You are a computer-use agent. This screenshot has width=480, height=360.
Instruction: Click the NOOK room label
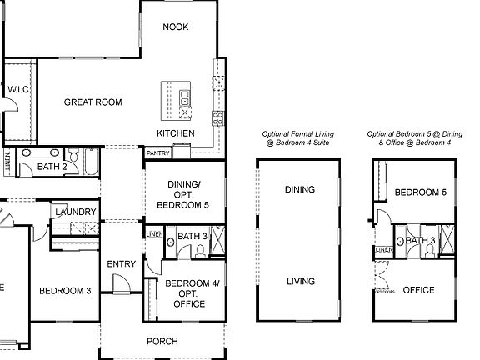[175, 27]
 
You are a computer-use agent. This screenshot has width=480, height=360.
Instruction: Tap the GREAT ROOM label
[93, 102]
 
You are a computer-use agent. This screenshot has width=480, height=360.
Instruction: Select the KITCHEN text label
[176, 133]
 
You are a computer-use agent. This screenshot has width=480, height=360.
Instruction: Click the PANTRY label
[158, 153]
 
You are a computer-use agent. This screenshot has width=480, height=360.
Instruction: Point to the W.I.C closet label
[18, 89]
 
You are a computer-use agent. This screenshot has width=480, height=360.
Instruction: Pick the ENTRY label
[122, 264]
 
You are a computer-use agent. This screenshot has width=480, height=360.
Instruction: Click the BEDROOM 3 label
[64, 291]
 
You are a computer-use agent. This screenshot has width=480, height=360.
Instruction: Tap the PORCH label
[162, 341]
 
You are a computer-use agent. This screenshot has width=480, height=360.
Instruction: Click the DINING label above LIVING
[299, 189]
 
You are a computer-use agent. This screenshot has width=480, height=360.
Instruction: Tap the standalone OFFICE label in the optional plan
[418, 290]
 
